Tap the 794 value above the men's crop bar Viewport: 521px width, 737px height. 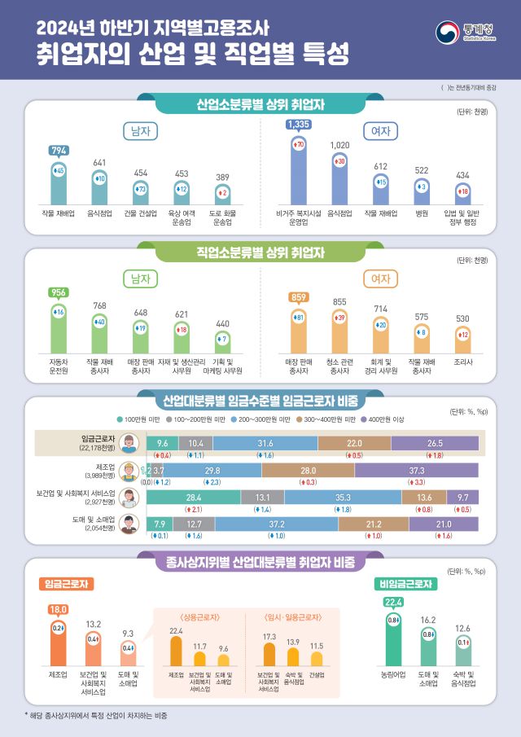point(59,150)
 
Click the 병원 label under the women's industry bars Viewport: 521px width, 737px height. point(421,213)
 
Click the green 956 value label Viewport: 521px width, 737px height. point(59,292)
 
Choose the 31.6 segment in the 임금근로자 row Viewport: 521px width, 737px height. point(265,441)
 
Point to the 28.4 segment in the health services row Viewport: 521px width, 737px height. point(193,497)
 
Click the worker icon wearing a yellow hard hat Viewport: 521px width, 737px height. point(128,471)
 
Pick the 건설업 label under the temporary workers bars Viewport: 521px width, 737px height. point(316,674)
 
